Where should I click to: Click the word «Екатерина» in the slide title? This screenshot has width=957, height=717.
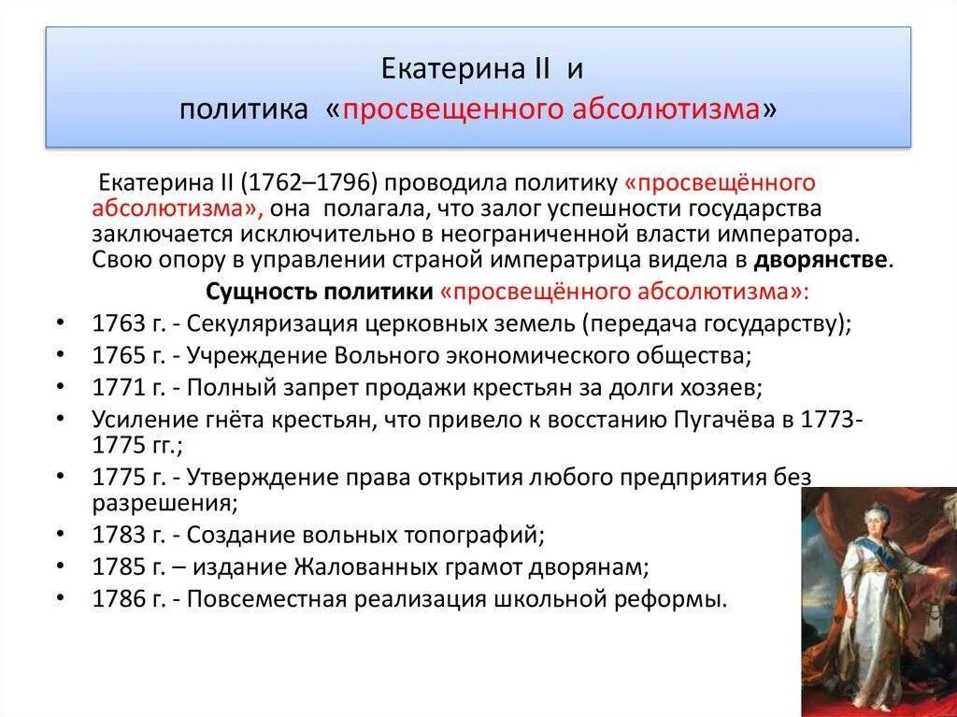tap(436, 70)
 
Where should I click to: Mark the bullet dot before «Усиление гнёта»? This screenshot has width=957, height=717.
tap(61, 419)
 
